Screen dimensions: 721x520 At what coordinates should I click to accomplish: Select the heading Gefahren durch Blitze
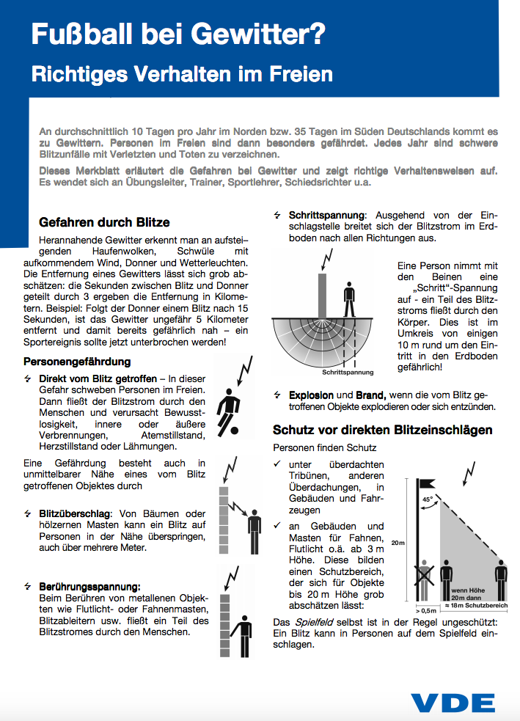click(103, 222)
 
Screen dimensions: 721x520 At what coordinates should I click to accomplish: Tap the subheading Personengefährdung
click(77, 362)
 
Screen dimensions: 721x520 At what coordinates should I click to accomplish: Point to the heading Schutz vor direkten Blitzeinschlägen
click(382, 430)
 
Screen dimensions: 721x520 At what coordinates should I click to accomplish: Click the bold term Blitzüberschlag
click(73, 513)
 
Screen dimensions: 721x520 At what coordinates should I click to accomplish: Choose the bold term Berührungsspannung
click(89, 586)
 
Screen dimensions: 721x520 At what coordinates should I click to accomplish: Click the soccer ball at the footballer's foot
click(234, 429)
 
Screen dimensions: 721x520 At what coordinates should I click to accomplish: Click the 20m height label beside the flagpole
click(398, 543)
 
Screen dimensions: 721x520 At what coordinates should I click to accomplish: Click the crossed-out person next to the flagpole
click(424, 580)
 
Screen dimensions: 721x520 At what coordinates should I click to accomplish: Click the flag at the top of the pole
click(427, 483)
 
